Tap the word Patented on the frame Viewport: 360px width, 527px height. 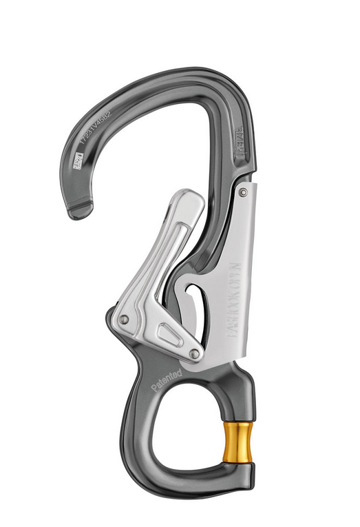click(x=166, y=380)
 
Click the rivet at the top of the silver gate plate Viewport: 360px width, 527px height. click(x=243, y=193)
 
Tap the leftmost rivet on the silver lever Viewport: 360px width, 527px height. click(x=124, y=320)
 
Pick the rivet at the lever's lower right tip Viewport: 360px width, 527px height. click(x=195, y=353)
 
